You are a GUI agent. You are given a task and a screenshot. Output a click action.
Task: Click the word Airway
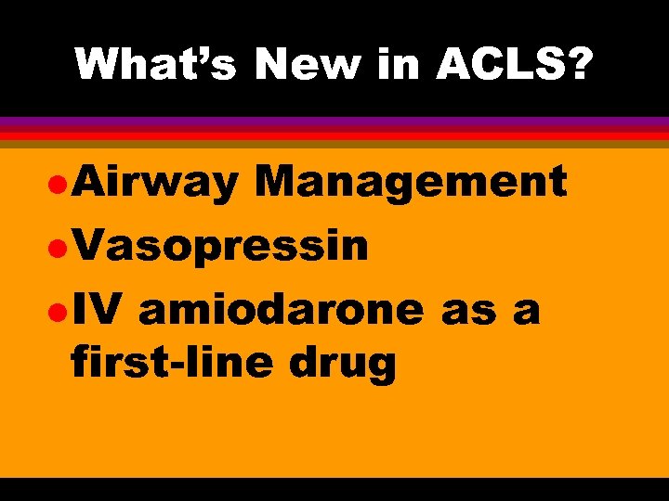click(x=155, y=183)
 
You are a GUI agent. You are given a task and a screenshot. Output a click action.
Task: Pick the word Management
click(x=410, y=181)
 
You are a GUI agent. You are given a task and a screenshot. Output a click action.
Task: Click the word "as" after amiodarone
click(x=467, y=311)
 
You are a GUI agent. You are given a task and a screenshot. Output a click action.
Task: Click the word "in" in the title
click(x=400, y=65)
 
